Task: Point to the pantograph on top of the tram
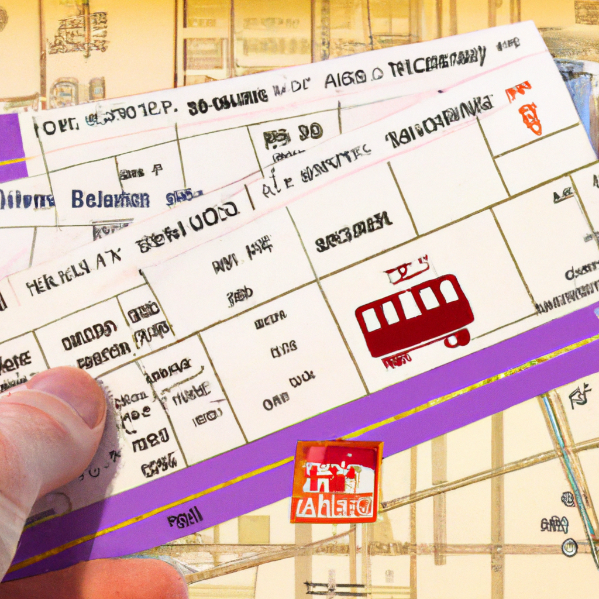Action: pyautogui.click(x=407, y=270)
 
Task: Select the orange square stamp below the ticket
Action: pyautogui.click(x=336, y=481)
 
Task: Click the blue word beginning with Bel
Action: pyautogui.click(x=111, y=199)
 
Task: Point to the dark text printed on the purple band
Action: pyautogui.click(x=185, y=516)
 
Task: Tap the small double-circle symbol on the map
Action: pyautogui.click(x=569, y=547)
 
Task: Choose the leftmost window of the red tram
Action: pyautogui.click(x=371, y=319)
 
